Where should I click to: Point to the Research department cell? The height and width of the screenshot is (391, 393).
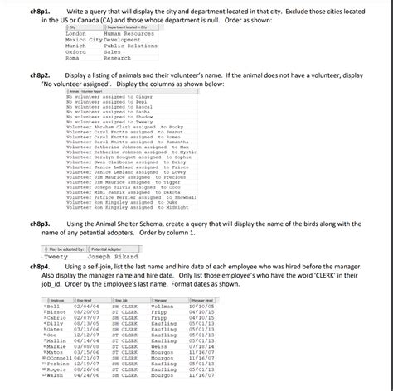pos(118,58)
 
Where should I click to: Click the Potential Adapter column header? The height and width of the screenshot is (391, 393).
pos(107,249)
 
